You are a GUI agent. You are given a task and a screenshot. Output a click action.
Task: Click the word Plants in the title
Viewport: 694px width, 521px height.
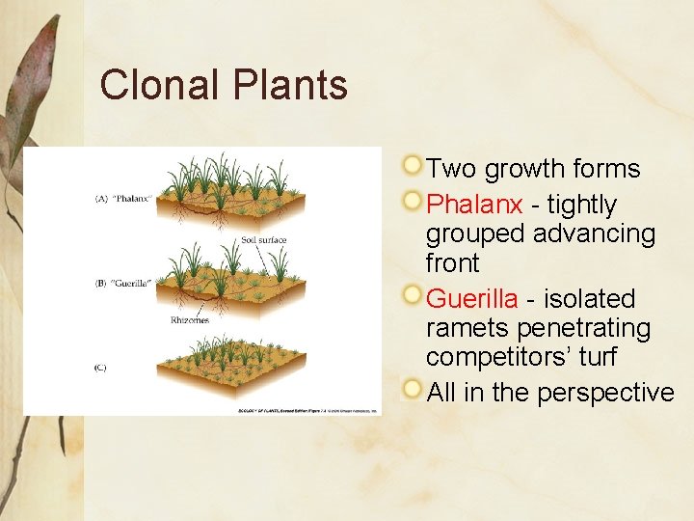[289, 85]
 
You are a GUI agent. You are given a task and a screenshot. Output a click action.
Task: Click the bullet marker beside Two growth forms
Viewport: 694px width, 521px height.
[413, 166]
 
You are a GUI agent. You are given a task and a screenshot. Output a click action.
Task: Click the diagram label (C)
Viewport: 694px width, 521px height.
[100, 368]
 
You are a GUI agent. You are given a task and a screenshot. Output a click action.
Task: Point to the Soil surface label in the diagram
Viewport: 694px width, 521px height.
[263, 240]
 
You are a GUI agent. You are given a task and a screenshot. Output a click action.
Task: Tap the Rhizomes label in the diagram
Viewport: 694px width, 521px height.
[190, 319]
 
